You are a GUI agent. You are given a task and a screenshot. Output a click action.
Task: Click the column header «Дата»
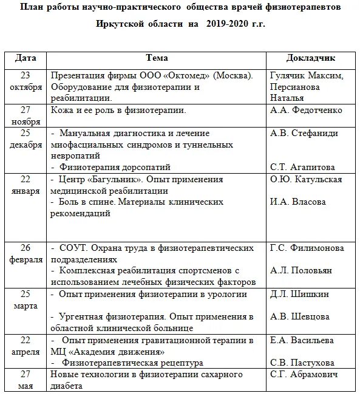coord(26,58)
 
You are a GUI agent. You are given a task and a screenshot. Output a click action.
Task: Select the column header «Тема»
coord(157,58)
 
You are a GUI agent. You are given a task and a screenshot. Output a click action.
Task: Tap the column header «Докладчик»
coord(310,58)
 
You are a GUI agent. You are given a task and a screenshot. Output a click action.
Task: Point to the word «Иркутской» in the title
coord(121,24)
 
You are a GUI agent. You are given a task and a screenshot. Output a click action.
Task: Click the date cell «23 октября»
coord(26,81)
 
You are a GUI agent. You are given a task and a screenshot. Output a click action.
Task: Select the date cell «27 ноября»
coord(26,115)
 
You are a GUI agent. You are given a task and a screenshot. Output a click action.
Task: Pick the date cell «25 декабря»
coord(26,139)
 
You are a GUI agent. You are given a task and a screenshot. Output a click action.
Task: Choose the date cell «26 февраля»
coord(26,254)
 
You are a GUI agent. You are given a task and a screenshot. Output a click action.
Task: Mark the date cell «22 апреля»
coord(26,346)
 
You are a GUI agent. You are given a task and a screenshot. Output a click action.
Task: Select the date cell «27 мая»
coord(26,380)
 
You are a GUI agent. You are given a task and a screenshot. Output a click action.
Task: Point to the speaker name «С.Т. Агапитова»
coord(304,167)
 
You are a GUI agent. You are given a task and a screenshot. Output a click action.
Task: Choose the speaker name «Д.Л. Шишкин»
coord(299,294)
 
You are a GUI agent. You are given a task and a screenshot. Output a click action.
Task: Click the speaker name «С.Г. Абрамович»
coord(303,374)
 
